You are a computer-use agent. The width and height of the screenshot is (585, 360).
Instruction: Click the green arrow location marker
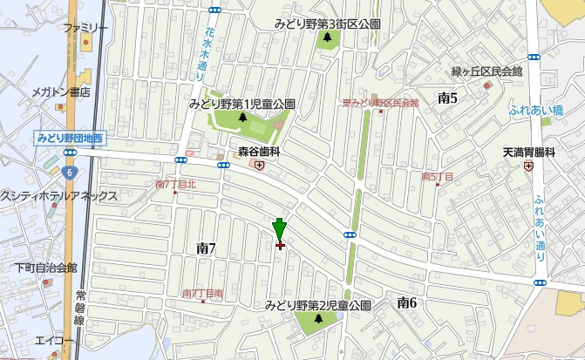[x=279, y=229]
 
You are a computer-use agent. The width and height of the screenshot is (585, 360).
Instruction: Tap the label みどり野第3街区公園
[x=327, y=24]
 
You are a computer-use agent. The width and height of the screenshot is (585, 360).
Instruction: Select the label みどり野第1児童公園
[x=241, y=104]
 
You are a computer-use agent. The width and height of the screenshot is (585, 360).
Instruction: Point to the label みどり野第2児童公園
[x=318, y=305]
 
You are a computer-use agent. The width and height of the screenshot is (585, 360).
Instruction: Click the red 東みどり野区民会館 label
[x=380, y=103]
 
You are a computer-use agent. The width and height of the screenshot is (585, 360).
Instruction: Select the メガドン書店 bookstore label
[x=62, y=92]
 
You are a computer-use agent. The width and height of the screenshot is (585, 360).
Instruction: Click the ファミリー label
[x=85, y=28]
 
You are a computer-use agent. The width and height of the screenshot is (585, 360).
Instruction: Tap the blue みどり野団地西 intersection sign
[x=70, y=137]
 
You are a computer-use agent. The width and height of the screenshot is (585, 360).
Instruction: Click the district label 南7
[x=206, y=249]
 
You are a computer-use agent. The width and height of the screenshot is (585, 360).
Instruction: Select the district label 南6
[x=406, y=302]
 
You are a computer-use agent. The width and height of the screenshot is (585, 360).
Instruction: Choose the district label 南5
[x=448, y=98]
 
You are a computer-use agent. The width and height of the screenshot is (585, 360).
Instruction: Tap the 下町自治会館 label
[x=45, y=268]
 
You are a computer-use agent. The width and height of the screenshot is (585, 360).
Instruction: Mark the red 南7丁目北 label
[x=176, y=184]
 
